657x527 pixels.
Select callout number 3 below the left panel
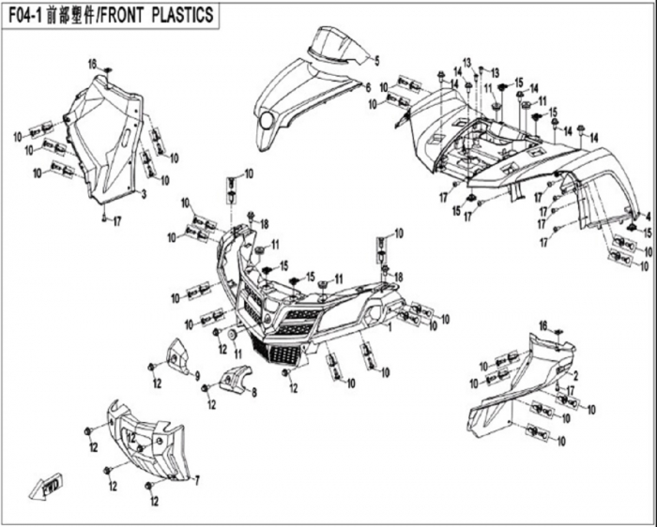pos(144,193)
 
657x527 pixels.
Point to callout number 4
pos(647,217)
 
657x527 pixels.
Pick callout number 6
pos(368,87)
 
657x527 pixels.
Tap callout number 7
pos(197,480)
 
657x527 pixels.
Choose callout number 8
pos(253,394)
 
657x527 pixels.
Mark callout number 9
pos(198,375)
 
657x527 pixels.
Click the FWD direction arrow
pos(45,489)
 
